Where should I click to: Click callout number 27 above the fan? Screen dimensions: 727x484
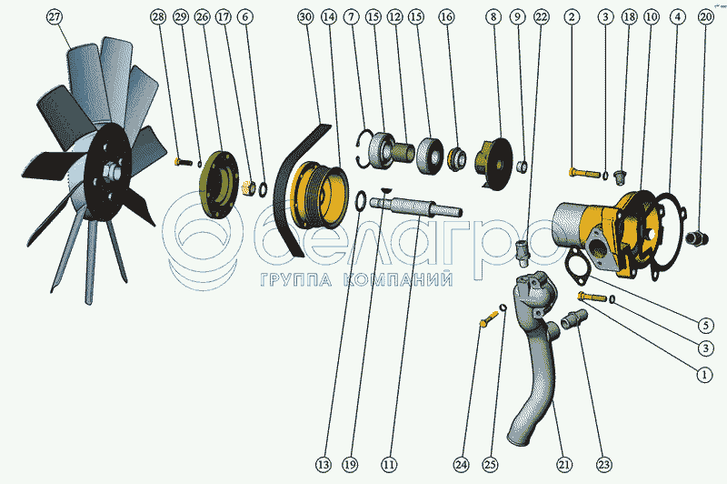[55, 17]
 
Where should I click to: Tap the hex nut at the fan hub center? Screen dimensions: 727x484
[111, 172]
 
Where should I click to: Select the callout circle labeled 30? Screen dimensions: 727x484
[305, 17]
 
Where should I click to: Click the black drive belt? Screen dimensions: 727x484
[297, 186]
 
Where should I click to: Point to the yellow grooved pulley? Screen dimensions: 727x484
[319, 195]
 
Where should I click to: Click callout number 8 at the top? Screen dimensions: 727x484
[493, 17]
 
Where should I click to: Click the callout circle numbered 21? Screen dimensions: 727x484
[563, 464]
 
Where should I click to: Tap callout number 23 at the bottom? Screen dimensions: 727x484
[604, 464]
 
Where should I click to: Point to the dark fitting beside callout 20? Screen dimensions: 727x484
[697, 238]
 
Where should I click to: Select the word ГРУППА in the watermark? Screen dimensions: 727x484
[296, 279]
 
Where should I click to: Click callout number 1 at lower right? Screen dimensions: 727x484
[705, 374]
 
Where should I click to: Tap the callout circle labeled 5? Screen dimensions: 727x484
[706, 326]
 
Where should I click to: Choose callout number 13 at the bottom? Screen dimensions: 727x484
[324, 464]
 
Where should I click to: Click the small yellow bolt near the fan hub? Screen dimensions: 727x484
[184, 162]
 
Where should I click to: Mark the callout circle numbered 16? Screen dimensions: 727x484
[446, 17]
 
